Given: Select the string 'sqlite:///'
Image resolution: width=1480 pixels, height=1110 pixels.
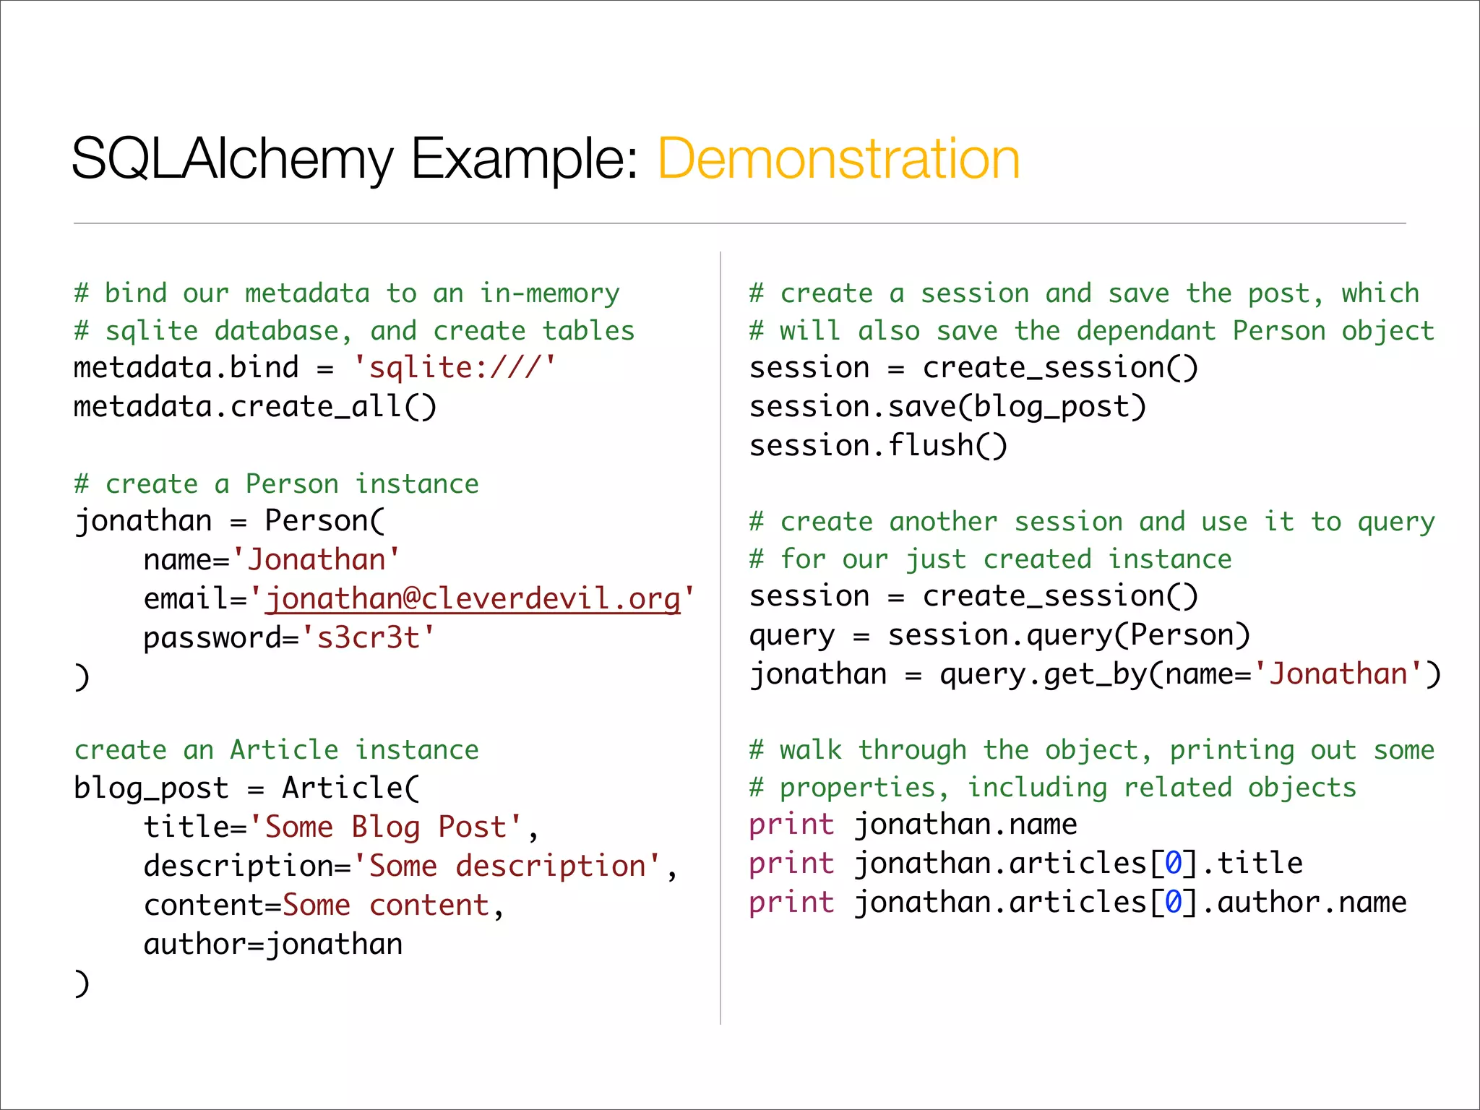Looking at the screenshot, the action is point(455,368).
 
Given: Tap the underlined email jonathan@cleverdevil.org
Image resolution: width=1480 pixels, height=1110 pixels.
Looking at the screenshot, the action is point(473,599).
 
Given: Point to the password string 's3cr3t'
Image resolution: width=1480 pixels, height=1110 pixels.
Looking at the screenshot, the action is point(368,638).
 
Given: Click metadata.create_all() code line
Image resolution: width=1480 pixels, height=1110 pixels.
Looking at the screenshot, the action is point(255,407).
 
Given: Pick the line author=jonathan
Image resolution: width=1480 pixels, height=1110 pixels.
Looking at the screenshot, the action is point(273,945).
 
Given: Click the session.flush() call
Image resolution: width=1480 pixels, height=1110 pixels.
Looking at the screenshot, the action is point(878,446).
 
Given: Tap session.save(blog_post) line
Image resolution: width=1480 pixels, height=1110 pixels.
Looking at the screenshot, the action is point(947,407).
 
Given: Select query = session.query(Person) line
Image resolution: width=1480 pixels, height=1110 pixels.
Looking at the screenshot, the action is point(999,635).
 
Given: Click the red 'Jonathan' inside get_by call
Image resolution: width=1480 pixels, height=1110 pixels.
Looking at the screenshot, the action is point(1338,674).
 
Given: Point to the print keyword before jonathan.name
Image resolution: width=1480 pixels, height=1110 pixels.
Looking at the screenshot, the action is point(791,825).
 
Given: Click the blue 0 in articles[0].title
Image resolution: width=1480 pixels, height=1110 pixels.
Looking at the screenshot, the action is point(1173,864).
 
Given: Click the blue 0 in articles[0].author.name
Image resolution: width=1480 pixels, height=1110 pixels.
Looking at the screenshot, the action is point(1173,903).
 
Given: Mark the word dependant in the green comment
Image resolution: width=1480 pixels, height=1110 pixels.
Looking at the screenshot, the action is point(1146,331).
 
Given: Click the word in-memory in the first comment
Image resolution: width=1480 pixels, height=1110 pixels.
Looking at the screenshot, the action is point(550,293).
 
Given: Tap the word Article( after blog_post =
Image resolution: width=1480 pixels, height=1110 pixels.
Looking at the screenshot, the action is point(350,788).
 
